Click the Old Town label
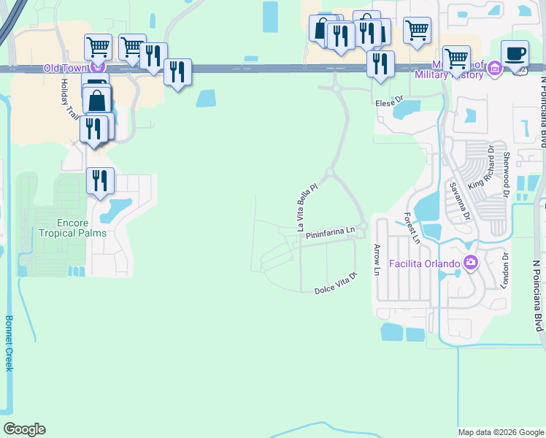point(64,69)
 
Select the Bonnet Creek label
point(9,343)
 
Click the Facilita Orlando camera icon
point(471,262)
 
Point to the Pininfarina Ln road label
point(330,234)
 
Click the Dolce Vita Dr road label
point(335,283)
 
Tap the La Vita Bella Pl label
point(307,207)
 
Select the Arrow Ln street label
point(377,259)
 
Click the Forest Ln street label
point(412,228)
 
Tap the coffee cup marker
point(516,54)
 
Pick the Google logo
point(24,429)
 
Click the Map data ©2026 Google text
point(500,432)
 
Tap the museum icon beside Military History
point(495,69)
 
